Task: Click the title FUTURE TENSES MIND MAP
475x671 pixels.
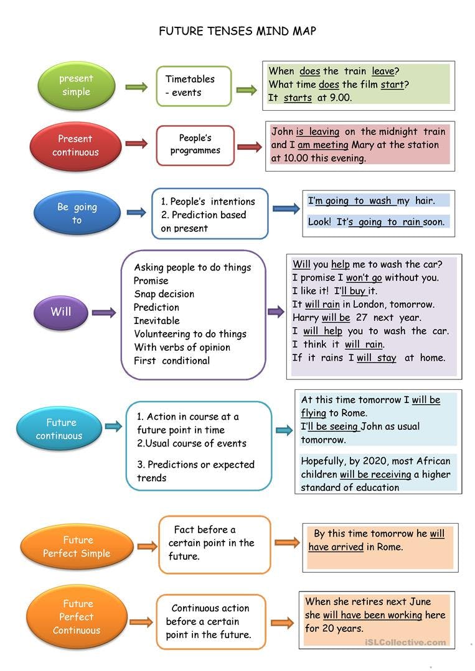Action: click(237, 31)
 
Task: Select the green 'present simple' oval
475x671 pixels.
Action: click(77, 86)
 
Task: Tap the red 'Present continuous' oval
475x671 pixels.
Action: click(75, 146)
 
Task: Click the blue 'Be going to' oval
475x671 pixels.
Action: click(77, 213)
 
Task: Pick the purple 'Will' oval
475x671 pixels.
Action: click(61, 312)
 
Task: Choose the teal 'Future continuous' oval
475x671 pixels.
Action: click(59, 429)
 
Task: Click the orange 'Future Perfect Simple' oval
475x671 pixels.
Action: click(77, 547)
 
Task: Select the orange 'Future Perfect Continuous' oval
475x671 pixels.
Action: click(77, 617)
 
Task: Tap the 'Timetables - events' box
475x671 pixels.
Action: click(194, 86)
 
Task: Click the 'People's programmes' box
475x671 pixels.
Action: click(195, 145)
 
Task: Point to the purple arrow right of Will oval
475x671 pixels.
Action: click(104, 313)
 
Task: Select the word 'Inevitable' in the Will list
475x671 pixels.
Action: click(156, 321)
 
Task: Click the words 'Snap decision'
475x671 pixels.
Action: click(164, 294)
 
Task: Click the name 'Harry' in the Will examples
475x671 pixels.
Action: click(306, 318)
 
